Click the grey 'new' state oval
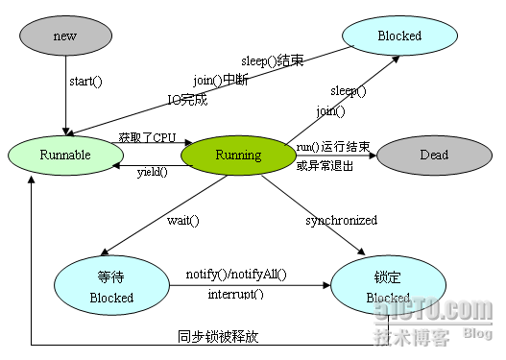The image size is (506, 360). (x=65, y=36)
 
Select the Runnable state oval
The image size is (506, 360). (x=65, y=154)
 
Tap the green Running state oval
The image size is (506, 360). (x=239, y=155)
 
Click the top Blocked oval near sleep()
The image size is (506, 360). (x=398, y=36)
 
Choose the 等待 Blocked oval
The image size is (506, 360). (x=110, y=286)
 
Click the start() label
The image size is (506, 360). (x=85, y=81)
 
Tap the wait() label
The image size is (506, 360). (x=182, y=220)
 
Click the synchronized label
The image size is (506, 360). (x=341, y=220)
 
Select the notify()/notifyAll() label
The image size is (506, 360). (x=236, y=276)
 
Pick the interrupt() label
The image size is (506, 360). (x=235, y=293)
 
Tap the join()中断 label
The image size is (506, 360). (x=220, y=80)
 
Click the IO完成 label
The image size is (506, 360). (x=187, y=98)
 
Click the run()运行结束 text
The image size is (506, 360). (x=331, y=146)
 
